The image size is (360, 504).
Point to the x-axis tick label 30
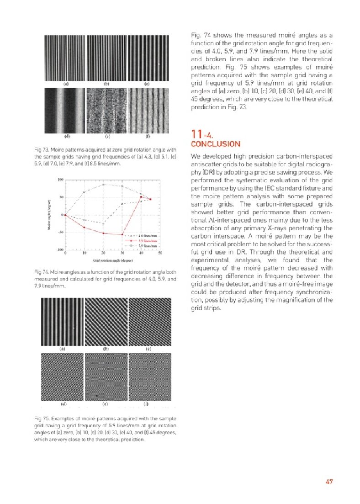click(122, 253)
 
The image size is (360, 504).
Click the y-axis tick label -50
click(60, 232)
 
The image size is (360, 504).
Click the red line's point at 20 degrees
click(103, 233)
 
